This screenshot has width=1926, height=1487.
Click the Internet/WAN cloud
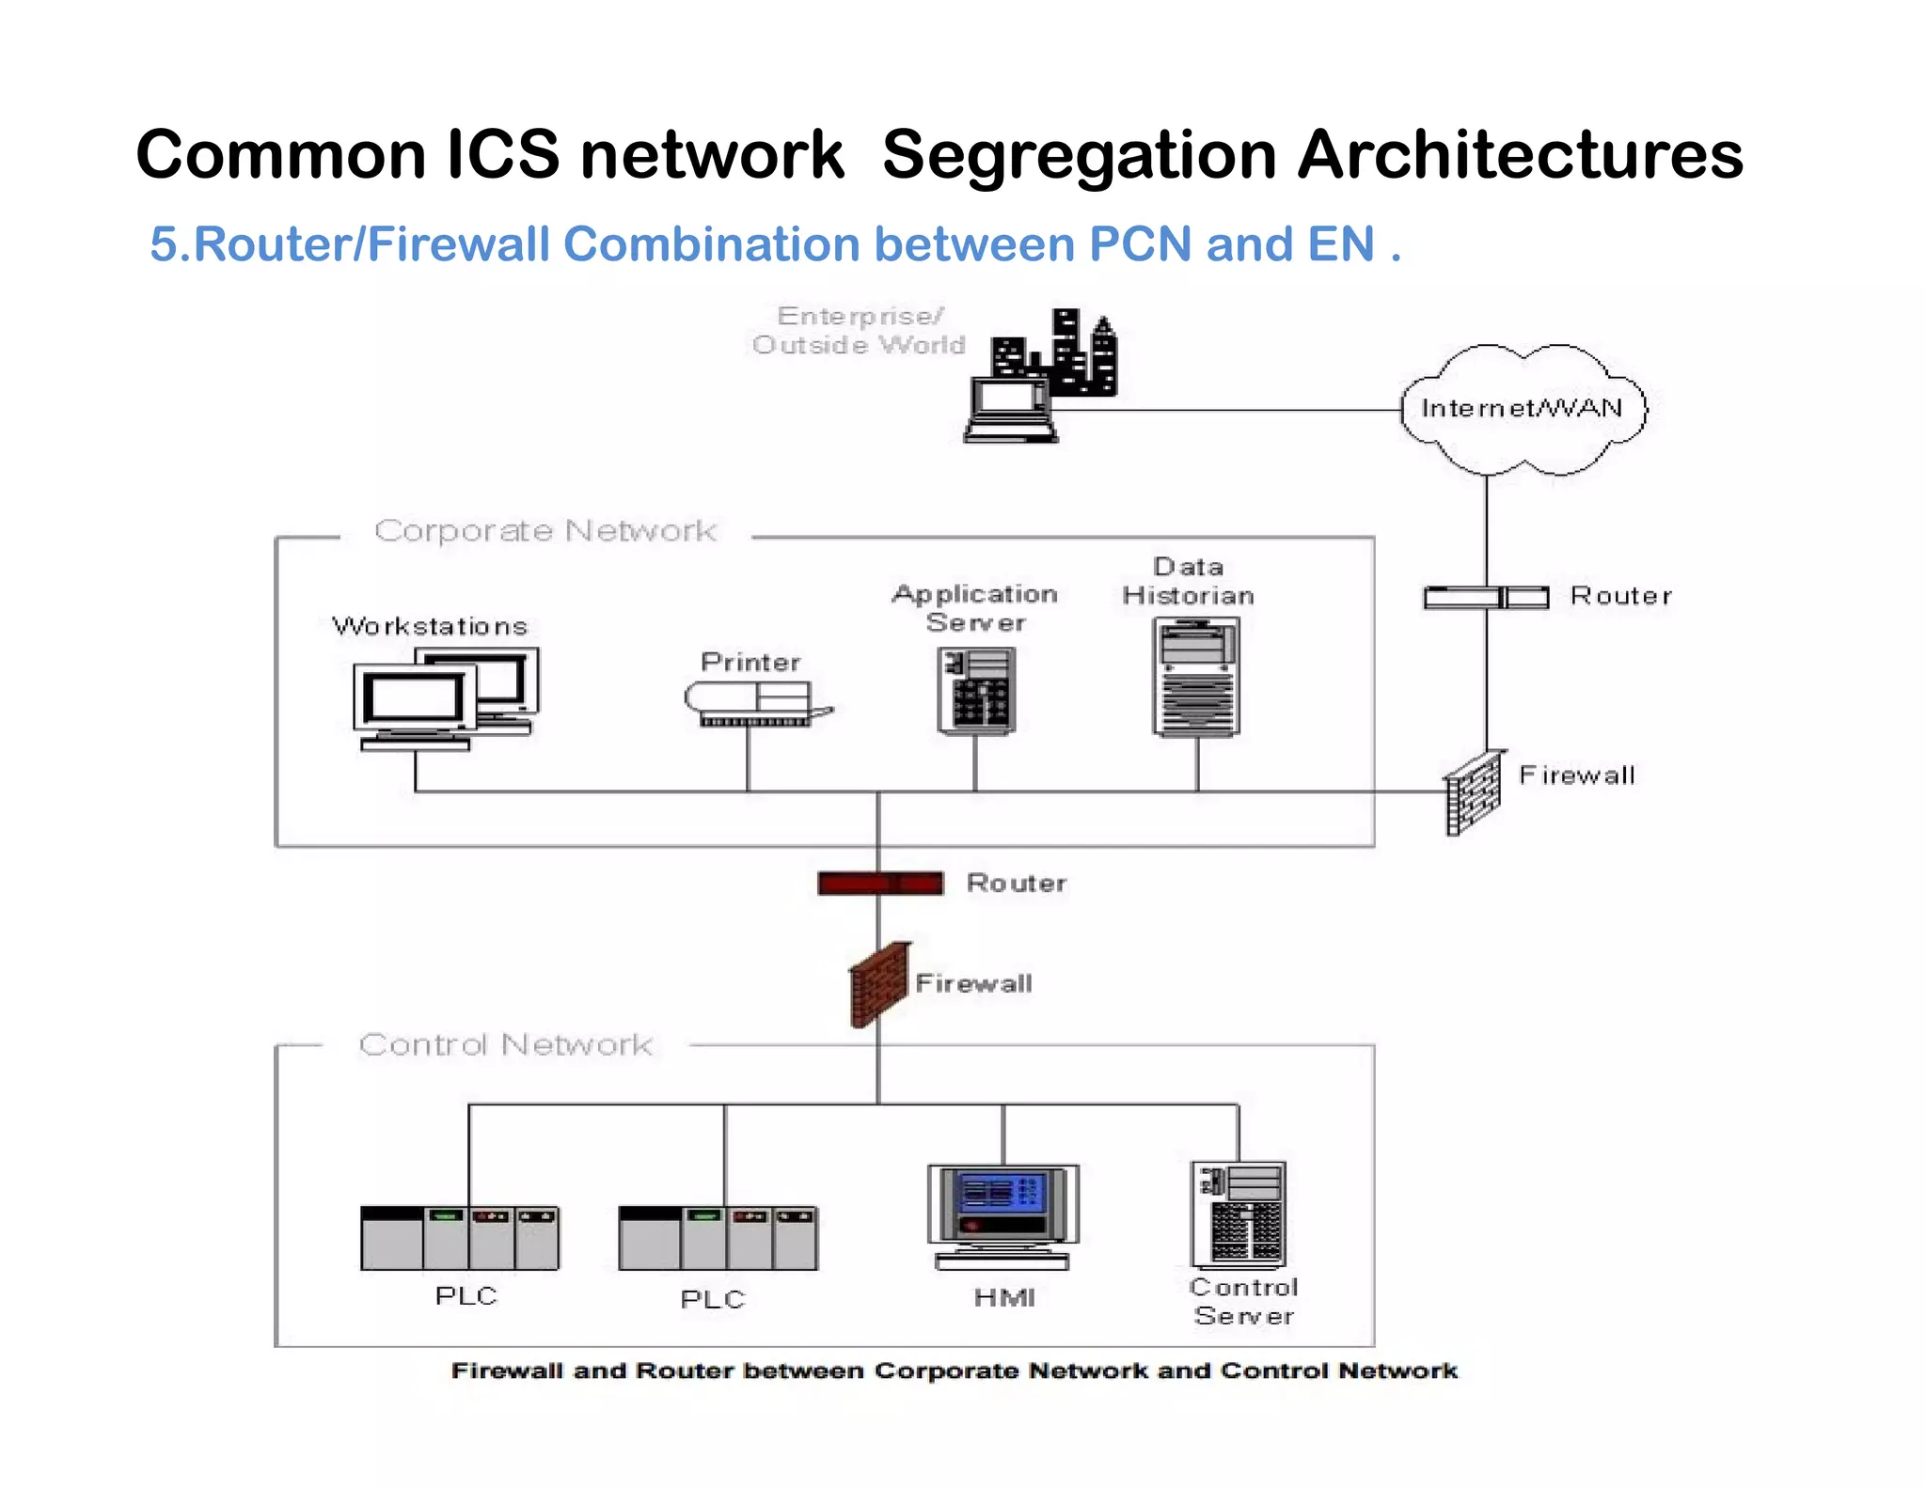[1523, 409]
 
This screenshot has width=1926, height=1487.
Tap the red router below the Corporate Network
[880, 883]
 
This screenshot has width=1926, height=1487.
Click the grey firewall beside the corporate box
[1473, 792]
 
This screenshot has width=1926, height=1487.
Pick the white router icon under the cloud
[1486, 597]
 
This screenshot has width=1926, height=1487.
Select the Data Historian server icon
[1196, 677]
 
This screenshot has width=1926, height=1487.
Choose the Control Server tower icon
[1239, 1214]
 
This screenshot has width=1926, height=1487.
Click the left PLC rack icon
[460, 1238]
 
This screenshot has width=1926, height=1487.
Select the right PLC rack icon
[718, 1238]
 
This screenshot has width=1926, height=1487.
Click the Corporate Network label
[545, 531]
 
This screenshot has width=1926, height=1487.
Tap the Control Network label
[505, 1044]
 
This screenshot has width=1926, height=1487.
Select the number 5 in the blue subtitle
[164, 244]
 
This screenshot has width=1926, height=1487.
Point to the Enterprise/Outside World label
[859, 330]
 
